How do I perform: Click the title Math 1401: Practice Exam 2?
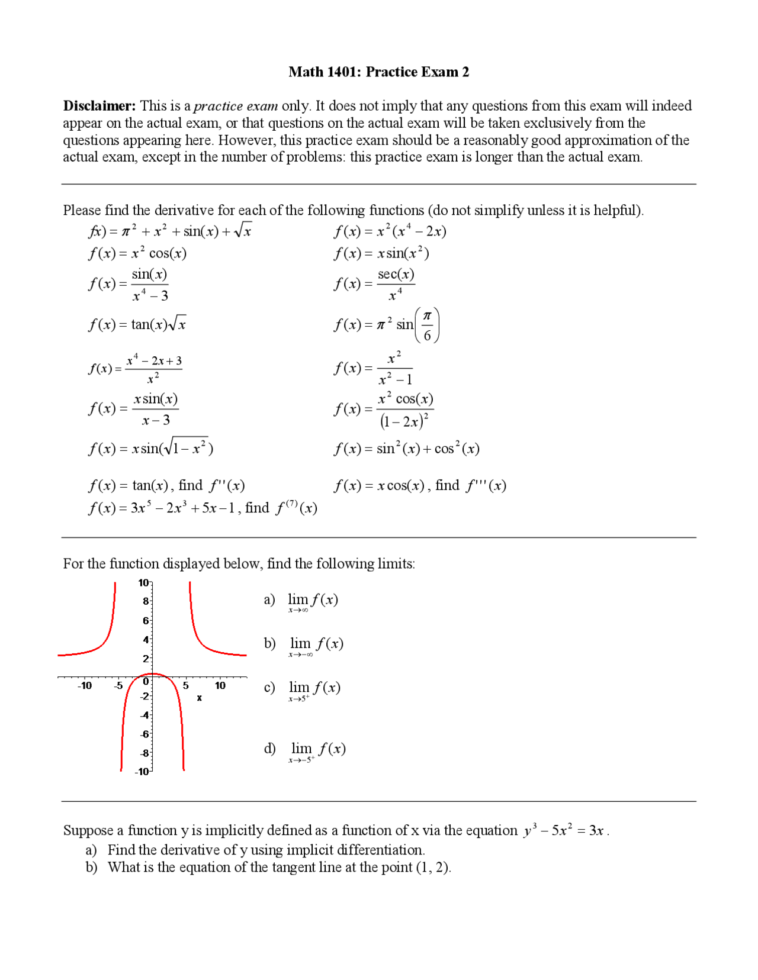click(378, 72)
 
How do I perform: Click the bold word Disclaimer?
click(99, 106)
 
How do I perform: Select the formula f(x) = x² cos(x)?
click(137, 253)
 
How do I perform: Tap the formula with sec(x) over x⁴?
click(374, 284)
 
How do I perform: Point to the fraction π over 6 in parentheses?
click(427, 325)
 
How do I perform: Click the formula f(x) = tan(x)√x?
click(137, 324)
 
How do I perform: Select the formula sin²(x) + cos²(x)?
click(406, 449)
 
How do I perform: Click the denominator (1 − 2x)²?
click(404, 421)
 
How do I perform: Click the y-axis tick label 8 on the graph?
click(145, 601)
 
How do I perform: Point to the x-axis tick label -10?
click(85, 686)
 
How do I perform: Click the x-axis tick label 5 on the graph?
click(185, 686)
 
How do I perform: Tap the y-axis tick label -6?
click(144, 734)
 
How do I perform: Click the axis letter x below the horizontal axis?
click(200, 698)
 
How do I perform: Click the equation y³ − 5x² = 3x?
click(563, 831)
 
